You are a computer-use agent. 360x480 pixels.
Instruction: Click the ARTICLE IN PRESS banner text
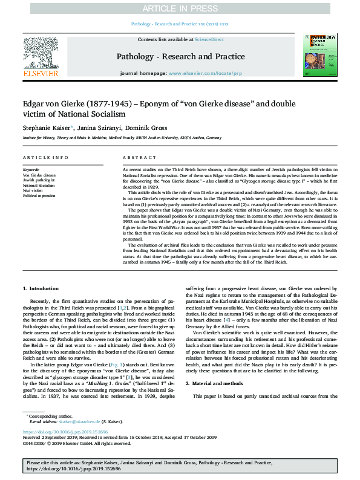coord(180,8)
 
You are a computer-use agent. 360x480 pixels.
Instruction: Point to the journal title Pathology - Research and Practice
coord(180,57)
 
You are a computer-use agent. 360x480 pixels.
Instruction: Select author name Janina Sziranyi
coord(94,128)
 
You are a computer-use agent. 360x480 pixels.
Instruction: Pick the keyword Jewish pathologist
coord(39,180)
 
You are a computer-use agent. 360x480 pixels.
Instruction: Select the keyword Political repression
coord(39,196)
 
